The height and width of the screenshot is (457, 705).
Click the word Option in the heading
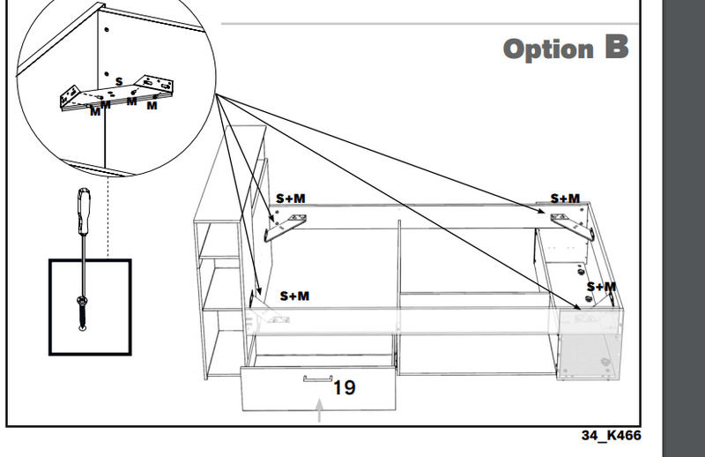(547, 49)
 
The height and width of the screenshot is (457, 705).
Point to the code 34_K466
(611, 436)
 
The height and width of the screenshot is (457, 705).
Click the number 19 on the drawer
(345, 386)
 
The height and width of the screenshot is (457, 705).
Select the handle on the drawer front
(315, 379)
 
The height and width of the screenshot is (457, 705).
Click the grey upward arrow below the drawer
(320, 409)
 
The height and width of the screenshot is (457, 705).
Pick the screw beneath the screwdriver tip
(82, 313)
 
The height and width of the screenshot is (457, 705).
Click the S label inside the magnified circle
(119, 82)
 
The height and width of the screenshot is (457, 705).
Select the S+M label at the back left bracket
(290, 199)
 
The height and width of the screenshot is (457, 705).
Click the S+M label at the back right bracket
(565, 199)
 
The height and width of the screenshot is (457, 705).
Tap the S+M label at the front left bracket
(294, 296)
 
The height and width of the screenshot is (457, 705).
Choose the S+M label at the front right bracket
(601, 287)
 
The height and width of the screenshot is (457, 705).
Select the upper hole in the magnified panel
(106, 29)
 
